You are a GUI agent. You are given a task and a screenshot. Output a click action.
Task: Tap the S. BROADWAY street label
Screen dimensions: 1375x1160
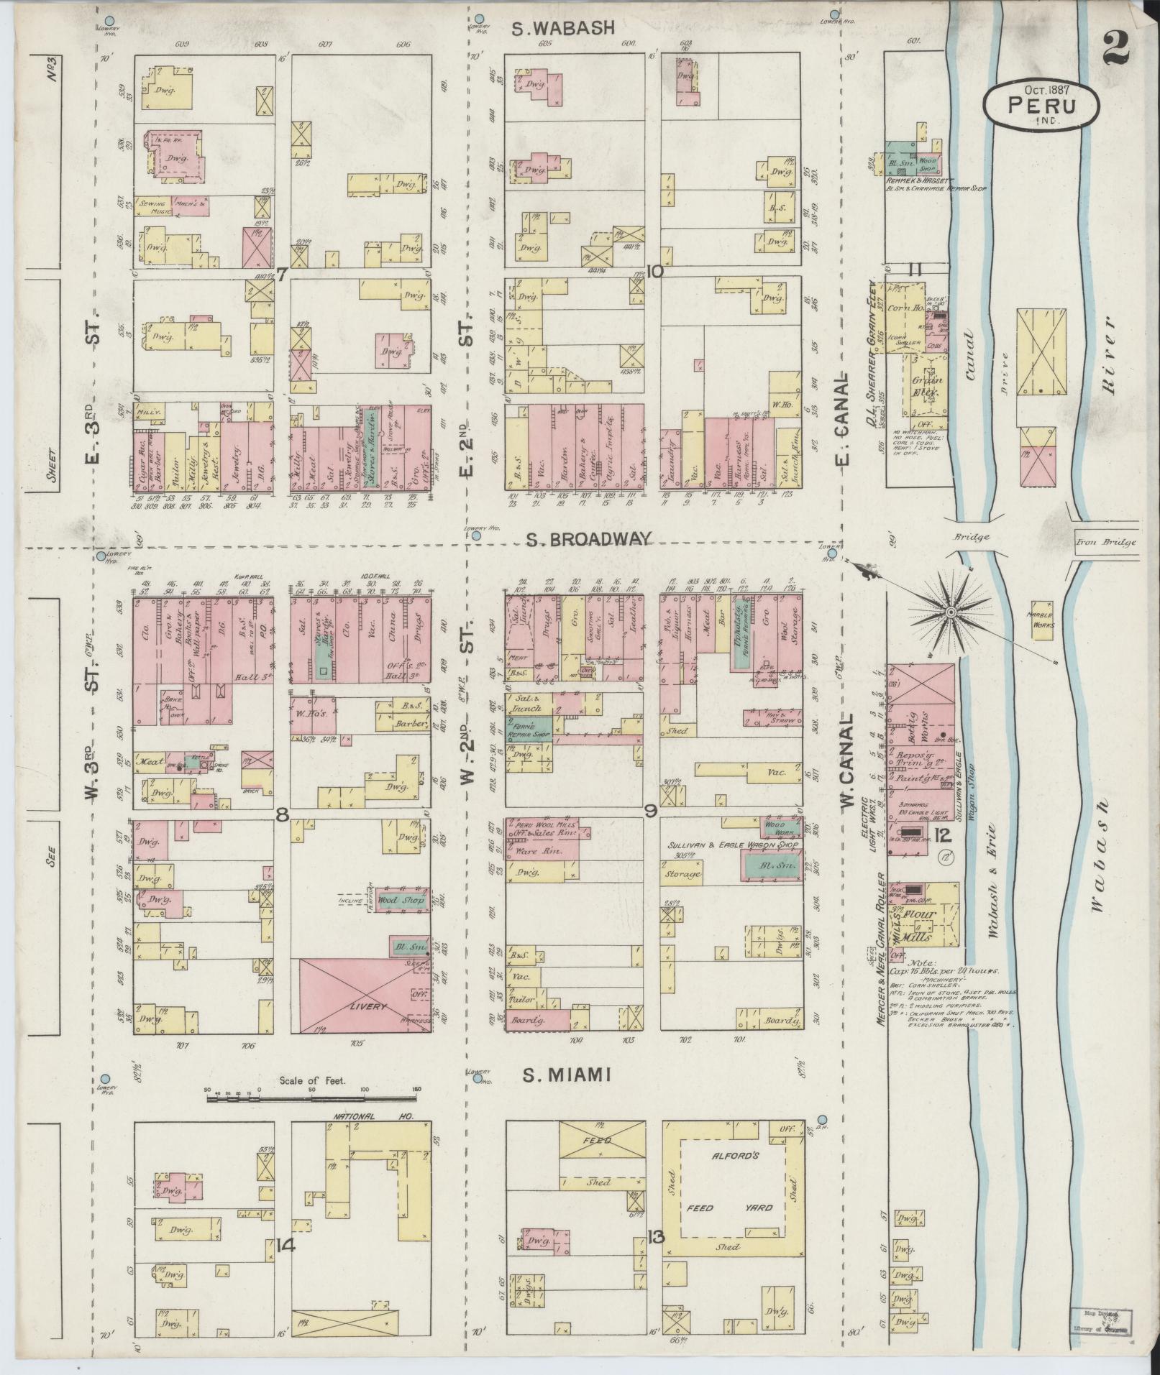pyautogui.click(x=588, y=539)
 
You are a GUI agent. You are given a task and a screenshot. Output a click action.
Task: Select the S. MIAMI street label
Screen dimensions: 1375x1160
pyautogui.click(x=567, y=1095)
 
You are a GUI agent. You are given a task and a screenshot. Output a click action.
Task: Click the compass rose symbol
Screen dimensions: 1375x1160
pyautogui.click(x=949, y=612)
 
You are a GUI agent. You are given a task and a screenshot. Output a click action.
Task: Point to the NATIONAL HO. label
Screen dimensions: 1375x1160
pyautogui.click(x=360, y=1136)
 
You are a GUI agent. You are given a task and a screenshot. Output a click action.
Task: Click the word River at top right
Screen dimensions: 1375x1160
pyautogui.click(x=1108, y=354)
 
